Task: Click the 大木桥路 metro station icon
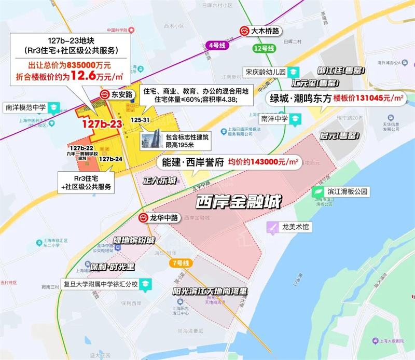(244, 31)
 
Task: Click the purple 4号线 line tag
(217, 46)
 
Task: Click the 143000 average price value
(264, 162)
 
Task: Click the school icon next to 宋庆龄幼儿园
(294, 72)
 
